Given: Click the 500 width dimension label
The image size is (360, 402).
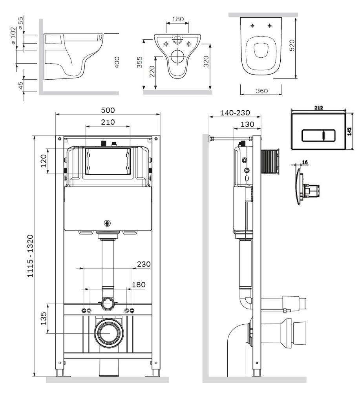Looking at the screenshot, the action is [x=108, y=110].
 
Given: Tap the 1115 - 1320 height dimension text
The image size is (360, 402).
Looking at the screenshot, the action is [x=31, y=256].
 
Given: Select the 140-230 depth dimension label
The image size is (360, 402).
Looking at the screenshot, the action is [x=235, y=113].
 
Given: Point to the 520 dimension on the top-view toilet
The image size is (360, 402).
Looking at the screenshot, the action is [x=292, y=45].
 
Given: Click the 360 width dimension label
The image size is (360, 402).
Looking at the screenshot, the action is [x=262, y=91].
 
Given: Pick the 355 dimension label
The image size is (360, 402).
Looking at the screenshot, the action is [x=139, y=62].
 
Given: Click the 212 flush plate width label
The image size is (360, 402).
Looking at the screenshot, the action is [x=318, y=108].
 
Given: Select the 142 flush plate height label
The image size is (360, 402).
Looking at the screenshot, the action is [x=349, y=131].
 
